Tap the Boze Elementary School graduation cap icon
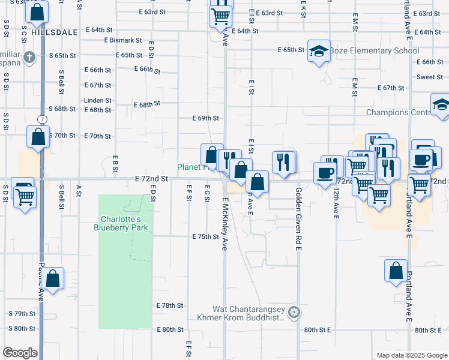click(319, 52)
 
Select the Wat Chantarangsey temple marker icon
click(294, 311)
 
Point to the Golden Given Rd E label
click(298, 219)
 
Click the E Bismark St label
click(122, 41)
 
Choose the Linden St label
click(98, 101)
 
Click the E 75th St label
click(205, 237)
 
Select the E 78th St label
click(169, 305)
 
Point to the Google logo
click(20, 353)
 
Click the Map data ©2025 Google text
click(411, 355)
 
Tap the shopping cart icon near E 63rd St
click(221, 16)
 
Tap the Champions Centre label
click(399, 112)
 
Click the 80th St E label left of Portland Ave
click(318, 330)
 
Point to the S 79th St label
click(22, 314)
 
